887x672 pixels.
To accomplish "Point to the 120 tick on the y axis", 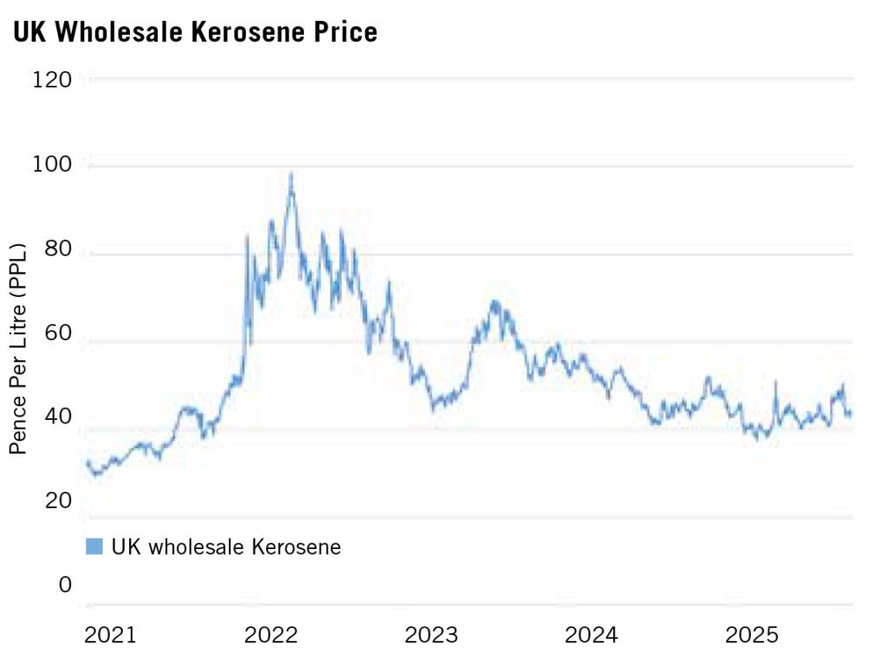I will click(x=53, y=81).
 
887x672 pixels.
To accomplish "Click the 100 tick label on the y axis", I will click(x=53, y=165).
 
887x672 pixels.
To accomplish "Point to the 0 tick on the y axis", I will click(x=65, y=585).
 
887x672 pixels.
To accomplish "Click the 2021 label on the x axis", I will click(x=110, y=636).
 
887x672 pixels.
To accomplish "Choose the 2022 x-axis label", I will click(x=271, y=636).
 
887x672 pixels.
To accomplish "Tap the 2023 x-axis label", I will click(x=431, y=636).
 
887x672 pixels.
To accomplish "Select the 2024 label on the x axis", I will click(x=592, y=636).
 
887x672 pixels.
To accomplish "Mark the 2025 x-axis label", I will click(x=752, y=636).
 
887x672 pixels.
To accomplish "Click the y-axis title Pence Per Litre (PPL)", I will click(x=18, y=348).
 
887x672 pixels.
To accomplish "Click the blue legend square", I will click(x=94, y=546).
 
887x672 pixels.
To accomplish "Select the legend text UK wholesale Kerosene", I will click(x=226, y=546).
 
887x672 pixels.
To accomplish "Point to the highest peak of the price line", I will click(x=291, y=174).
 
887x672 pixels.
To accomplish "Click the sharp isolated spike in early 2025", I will click(x=775, y=383).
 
